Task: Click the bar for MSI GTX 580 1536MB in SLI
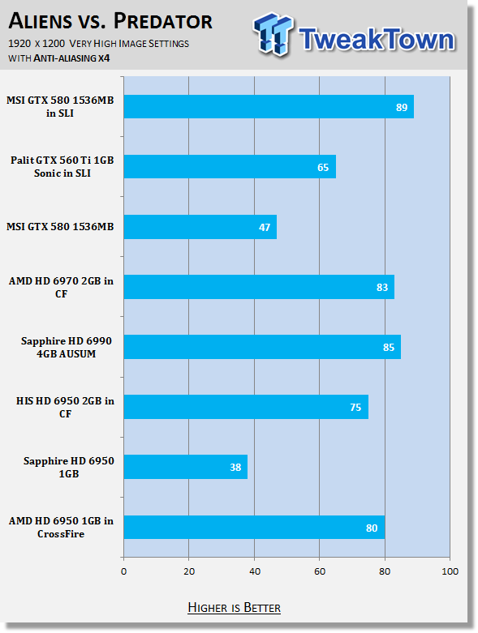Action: [x=269, y=106]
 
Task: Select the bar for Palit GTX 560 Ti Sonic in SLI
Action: [x=230, y=166]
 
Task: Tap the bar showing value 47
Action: [x=200, y=227]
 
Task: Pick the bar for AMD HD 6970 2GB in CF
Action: [x=259, y=287]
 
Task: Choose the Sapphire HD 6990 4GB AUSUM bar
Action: [x=262, y=347]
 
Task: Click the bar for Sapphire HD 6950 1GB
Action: [x=186, y=467]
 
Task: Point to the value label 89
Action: [x=402, y=107]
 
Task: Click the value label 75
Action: [x=355, y=408]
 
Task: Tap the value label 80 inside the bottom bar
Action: [x=372, y=528]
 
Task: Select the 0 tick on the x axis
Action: [x=123, y=571]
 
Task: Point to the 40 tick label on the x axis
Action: [x=255, y=571]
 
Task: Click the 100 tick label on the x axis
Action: [x=450, y=571]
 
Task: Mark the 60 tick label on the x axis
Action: [x=320, y=571]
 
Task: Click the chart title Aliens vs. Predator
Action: [x=110, y=21]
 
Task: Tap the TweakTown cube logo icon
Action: [x=273, y=34]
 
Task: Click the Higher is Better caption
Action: [x=234, y=608]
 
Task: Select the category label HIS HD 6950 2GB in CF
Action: [x=65, y=408]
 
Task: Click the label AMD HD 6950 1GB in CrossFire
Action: [x=61, y=528]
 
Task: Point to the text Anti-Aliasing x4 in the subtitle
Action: [x=71, y=58]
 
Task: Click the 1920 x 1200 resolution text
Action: [x=37, y=44]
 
